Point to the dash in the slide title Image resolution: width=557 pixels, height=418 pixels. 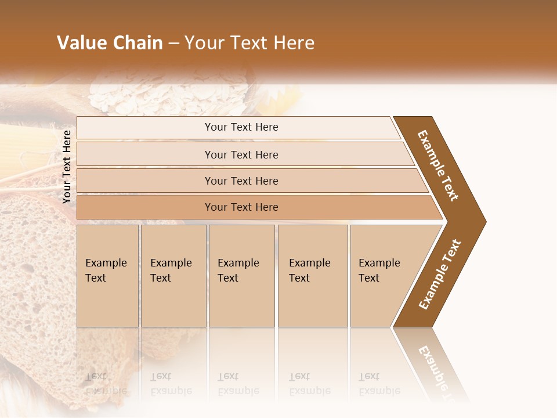coord(174,44)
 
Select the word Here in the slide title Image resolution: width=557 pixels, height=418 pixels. coord(293,43)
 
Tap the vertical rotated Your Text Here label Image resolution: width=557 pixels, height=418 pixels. coord(67,167)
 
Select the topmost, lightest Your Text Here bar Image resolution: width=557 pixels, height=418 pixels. coord(241,127)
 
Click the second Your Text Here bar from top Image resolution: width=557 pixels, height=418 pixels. coord(241,154)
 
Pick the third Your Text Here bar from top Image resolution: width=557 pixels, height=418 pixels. coord(241,181)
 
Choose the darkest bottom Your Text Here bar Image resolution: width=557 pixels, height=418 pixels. coord(241,207)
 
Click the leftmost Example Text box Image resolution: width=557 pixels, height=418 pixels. coord(107,276)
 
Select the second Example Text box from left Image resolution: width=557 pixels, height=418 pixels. coord(173,276)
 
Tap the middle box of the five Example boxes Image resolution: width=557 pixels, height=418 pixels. coord(241,276)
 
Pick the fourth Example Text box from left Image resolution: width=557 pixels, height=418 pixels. coord(312,276)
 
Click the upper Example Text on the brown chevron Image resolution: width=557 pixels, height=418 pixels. coord(438,165)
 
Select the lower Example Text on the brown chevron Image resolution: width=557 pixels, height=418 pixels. coord(440,275)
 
